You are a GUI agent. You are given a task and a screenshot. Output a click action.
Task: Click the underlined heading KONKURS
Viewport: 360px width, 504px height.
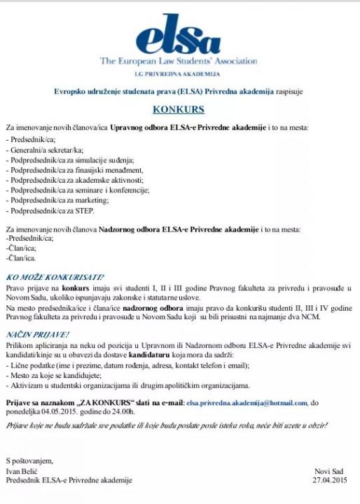[x=179, y=110]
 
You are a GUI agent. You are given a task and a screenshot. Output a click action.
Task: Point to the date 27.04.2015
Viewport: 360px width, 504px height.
[x=329, y=481]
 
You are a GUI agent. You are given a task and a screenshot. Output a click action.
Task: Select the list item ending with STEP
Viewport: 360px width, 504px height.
[x=53, y=210]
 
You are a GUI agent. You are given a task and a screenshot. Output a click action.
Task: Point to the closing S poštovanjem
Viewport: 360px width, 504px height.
[x=29, y=461]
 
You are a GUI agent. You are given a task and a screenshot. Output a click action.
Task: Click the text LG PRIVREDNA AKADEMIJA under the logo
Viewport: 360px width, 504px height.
[x=178, y=73]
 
